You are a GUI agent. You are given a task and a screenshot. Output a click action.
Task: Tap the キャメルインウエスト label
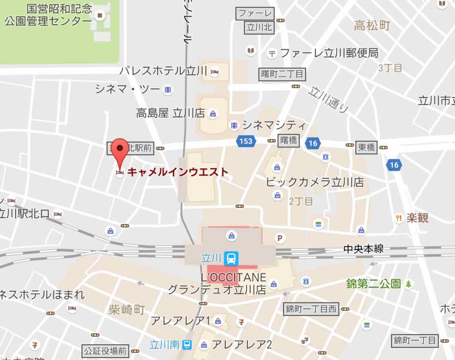point(178,172)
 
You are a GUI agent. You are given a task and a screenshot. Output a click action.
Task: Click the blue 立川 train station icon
point(232,258)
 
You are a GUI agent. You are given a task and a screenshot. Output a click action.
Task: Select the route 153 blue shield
point(246,141)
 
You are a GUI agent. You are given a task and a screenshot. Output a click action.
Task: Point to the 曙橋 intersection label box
point(289,141)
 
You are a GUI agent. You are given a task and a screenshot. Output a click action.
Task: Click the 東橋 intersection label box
point(366,147)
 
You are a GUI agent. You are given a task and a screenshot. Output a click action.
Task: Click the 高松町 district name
point(372,26)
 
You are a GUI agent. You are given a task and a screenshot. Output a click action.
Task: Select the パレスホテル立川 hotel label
point(163,71)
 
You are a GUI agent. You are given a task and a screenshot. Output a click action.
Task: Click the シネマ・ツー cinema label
point(127,89)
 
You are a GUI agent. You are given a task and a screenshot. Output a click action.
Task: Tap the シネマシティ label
point(274,125)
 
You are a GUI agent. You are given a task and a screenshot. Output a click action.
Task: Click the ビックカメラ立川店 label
point(315,182)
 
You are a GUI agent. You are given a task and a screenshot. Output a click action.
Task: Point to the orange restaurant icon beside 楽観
point(399,218)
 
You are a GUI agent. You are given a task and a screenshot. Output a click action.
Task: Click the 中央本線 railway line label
point(364,249)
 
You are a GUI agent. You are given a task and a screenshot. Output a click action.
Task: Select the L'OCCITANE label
point(233,278)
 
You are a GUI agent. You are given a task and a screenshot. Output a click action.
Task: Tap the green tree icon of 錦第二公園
point(409,284)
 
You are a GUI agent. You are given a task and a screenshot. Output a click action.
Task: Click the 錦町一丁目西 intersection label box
point(311,309)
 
